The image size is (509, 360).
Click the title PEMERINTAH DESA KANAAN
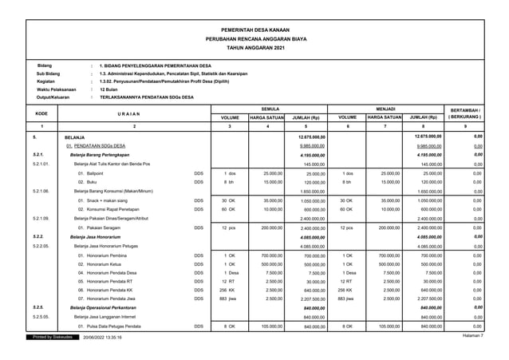click(254, 27)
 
